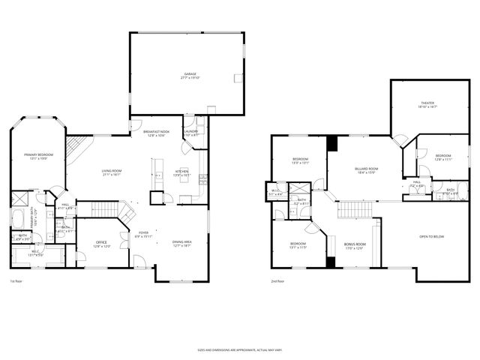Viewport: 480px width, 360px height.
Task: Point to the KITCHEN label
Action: click(181, 171)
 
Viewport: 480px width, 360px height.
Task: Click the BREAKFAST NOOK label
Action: click(156, 132)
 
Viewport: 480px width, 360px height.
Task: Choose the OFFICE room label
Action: click(100, 242)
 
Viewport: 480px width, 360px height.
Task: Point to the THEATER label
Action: click(427, 103)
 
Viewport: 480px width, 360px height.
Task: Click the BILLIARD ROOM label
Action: click(366, 169)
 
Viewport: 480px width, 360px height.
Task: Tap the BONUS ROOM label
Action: click(354, 244)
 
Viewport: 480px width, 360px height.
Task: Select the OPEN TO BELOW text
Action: click(431, 237)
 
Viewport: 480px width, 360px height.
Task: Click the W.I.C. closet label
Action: click(276, 191)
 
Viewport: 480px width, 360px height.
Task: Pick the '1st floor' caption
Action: click(16, 281)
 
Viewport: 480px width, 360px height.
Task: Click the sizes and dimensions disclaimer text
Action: click(240, 349)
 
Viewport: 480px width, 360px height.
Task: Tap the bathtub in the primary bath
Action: click(19, 220)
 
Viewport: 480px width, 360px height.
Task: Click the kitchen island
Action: click(157, 174)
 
